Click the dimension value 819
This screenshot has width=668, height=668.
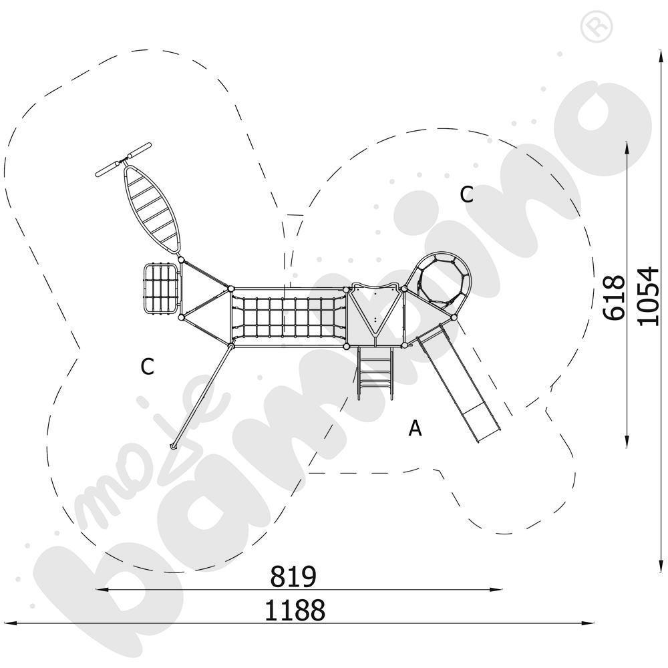coord(293,576)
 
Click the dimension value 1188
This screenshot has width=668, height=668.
coord(295,610)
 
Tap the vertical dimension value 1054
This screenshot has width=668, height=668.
coord(648,296)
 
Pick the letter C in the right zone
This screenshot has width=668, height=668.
coord(466,194)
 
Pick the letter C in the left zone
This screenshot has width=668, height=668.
coord(148,366)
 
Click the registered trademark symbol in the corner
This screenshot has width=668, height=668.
coord(597,27)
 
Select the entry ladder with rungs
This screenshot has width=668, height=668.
coord(375,373)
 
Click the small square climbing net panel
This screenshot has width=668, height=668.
coord(160,289)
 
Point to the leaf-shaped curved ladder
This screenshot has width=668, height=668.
coord(152,209)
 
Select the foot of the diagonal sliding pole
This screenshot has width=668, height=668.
coord(174,446)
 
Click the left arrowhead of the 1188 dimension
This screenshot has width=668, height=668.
coord(8,623)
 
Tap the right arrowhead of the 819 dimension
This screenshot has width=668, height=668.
coord(497,590)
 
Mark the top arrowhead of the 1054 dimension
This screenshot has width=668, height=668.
coord(661,58)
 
